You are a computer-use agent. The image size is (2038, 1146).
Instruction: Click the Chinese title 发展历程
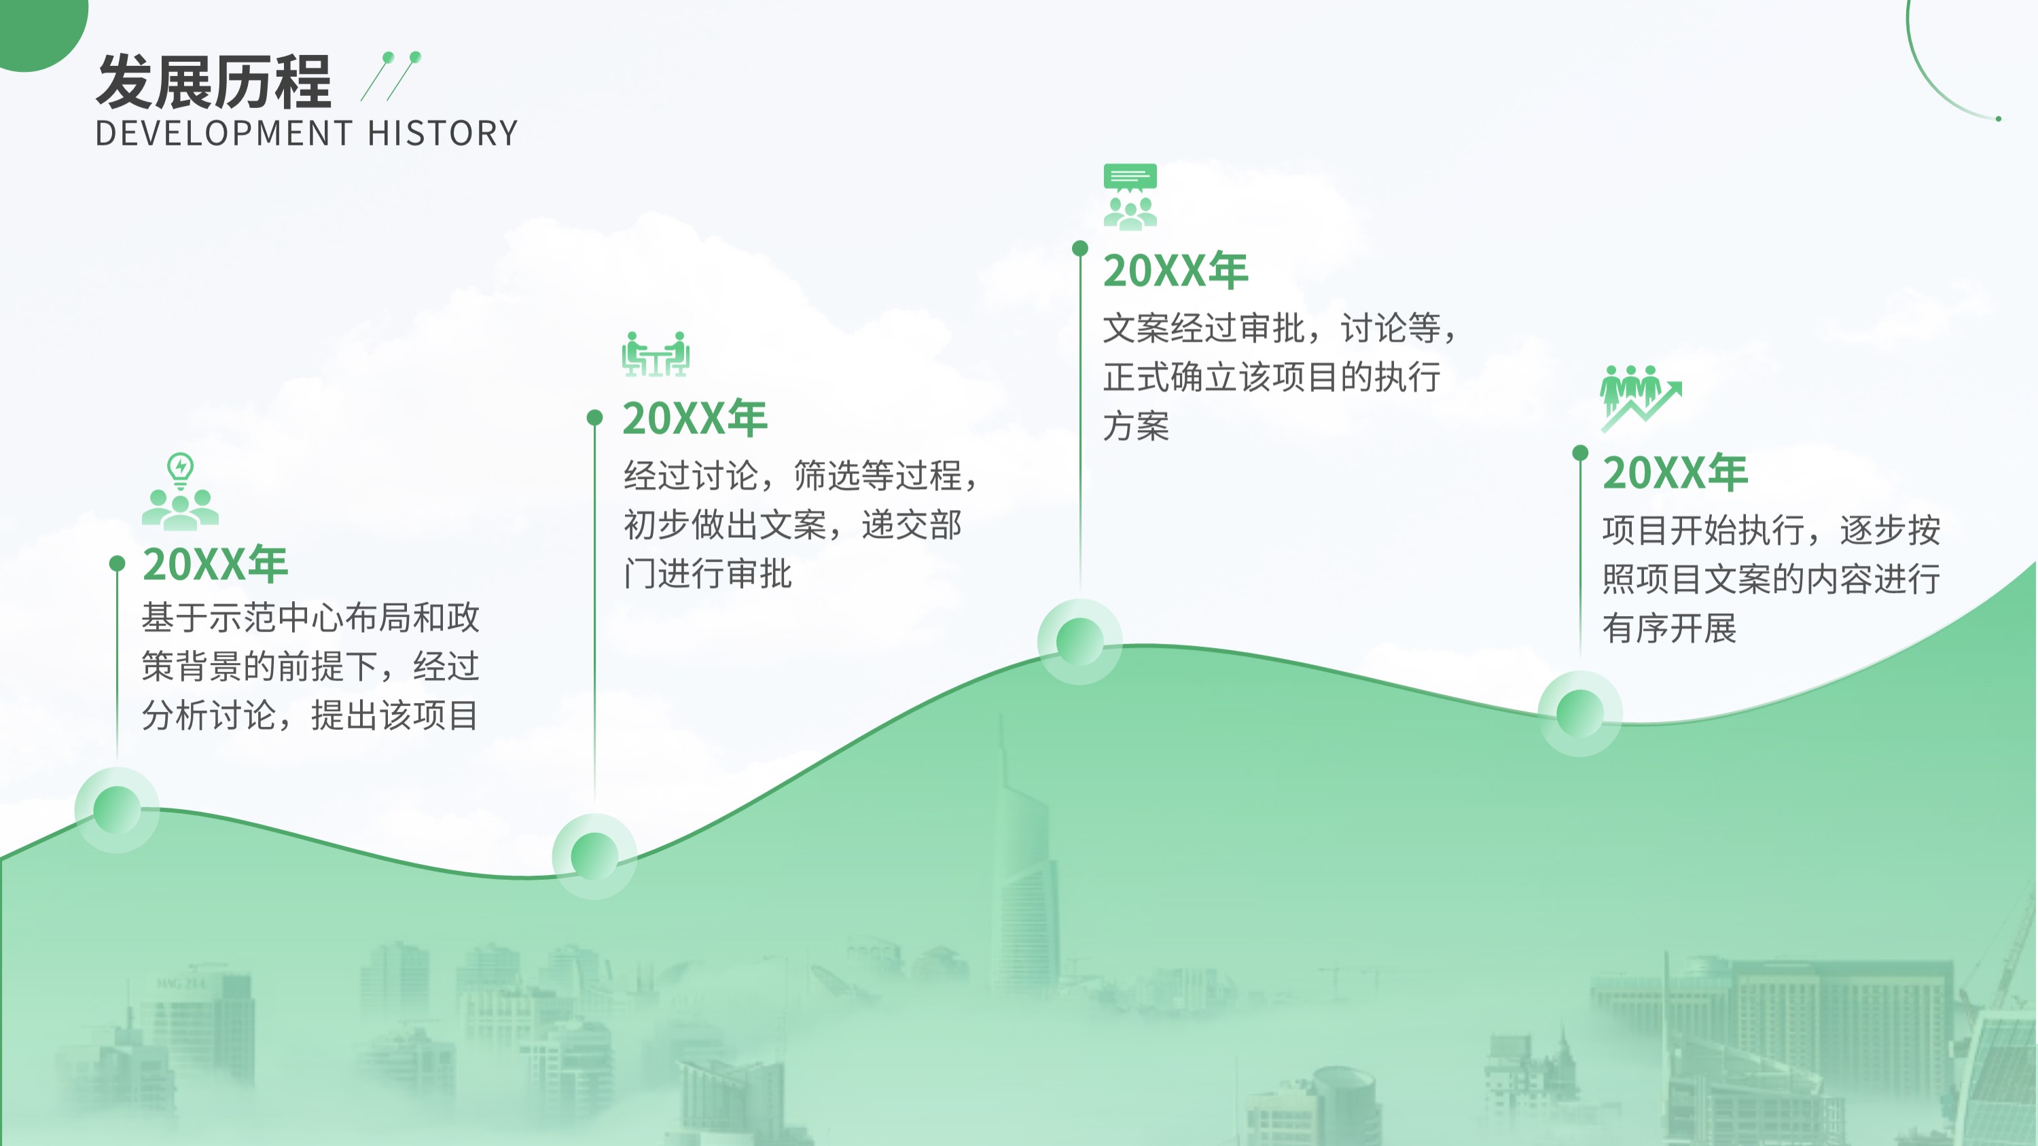(x=213, y=82)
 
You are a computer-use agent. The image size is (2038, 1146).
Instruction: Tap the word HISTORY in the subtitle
(x=443, y=134)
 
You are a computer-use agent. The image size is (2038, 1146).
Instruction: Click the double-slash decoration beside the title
(x=391, y=76)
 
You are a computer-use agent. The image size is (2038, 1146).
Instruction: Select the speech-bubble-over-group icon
(x=1130, y=197)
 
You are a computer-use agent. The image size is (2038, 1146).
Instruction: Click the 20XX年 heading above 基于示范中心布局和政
(x=215, y=564)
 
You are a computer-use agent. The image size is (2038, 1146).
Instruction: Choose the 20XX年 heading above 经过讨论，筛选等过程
(x=695, y=418)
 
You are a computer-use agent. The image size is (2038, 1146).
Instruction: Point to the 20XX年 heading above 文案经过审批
(x=1176, y=270)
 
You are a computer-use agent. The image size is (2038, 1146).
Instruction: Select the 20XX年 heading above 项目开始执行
(x=1675, y=473)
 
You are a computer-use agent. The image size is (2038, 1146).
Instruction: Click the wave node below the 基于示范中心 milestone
(x=117, y=810)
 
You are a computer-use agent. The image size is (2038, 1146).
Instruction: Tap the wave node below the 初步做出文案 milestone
(x=594, y=856)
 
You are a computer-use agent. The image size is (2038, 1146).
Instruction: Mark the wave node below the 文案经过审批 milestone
(x=1079, y=641)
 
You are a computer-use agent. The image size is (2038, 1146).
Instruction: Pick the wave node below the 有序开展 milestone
(x=1580, y=713)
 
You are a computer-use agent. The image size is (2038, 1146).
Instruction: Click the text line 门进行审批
(x=707, y=574)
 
